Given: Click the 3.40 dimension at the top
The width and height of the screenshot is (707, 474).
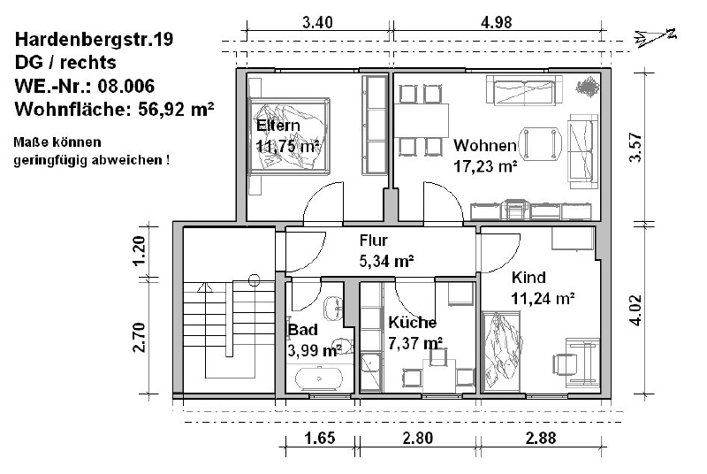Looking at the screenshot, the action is click(317, 22).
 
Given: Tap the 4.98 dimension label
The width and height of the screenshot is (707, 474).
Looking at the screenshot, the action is click(497, 22).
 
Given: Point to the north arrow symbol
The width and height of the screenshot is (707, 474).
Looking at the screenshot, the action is click(655, 37).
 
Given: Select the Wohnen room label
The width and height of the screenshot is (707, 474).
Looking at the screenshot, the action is click(485, 145).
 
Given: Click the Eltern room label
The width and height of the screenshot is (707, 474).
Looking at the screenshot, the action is click(278, 125).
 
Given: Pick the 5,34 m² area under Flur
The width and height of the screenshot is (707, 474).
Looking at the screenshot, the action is click(386, 261).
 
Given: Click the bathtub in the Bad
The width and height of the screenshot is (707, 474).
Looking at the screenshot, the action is click(319, 378).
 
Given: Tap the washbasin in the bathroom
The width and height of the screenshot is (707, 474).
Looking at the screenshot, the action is click(334, 309).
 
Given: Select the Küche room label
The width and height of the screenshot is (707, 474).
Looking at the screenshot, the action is click(413, 323).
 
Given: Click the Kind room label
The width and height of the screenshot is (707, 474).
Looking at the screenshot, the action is click(528, 277).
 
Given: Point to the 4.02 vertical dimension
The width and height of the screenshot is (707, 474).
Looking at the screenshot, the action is click(635, 310).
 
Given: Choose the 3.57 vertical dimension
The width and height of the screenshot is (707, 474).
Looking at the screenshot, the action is click(635, 147).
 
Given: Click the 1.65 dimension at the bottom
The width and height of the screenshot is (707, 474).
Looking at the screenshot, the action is click(320, 438).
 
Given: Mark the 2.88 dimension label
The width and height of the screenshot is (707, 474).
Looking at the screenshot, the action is click(541, 438).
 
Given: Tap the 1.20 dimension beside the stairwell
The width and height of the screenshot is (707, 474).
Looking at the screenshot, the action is click(140, 251).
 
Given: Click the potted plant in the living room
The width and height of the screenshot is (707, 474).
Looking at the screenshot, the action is click(587, 87).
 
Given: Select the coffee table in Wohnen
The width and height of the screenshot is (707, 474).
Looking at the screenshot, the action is click(540, 144).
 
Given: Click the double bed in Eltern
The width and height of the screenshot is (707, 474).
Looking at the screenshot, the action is click(289, 135).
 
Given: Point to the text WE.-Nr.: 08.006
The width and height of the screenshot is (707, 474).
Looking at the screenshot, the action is click(85, 86).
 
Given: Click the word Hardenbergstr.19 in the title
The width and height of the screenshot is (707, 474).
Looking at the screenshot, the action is click(95, 40).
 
